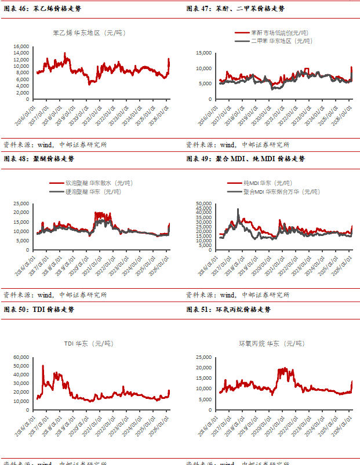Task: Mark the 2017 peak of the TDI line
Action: [42, 366]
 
